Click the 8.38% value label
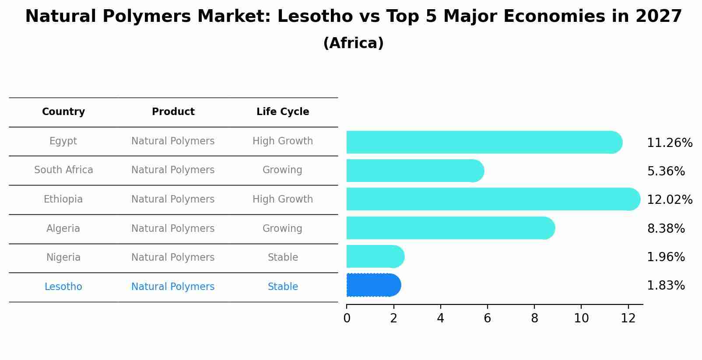(x=666, y=228)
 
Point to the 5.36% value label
(x=666, y=171)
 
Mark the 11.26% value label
(x=670, y=143)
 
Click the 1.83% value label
(x=666, y=285)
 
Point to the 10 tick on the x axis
(x=581, y=318)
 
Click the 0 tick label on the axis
(x=347, y=318)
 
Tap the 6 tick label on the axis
(x=487, y=318)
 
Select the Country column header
(x=63, y=112)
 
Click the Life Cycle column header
(x=283, y=112)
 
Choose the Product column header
(x=173, y=112)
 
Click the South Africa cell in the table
(x=63, y=170)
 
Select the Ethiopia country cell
(x=63, y=199)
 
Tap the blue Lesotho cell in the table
(x=63, y=287)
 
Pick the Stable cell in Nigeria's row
(x=283, y=257)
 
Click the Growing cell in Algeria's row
(x=282, y=228)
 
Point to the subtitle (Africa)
(x=353, y=43)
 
